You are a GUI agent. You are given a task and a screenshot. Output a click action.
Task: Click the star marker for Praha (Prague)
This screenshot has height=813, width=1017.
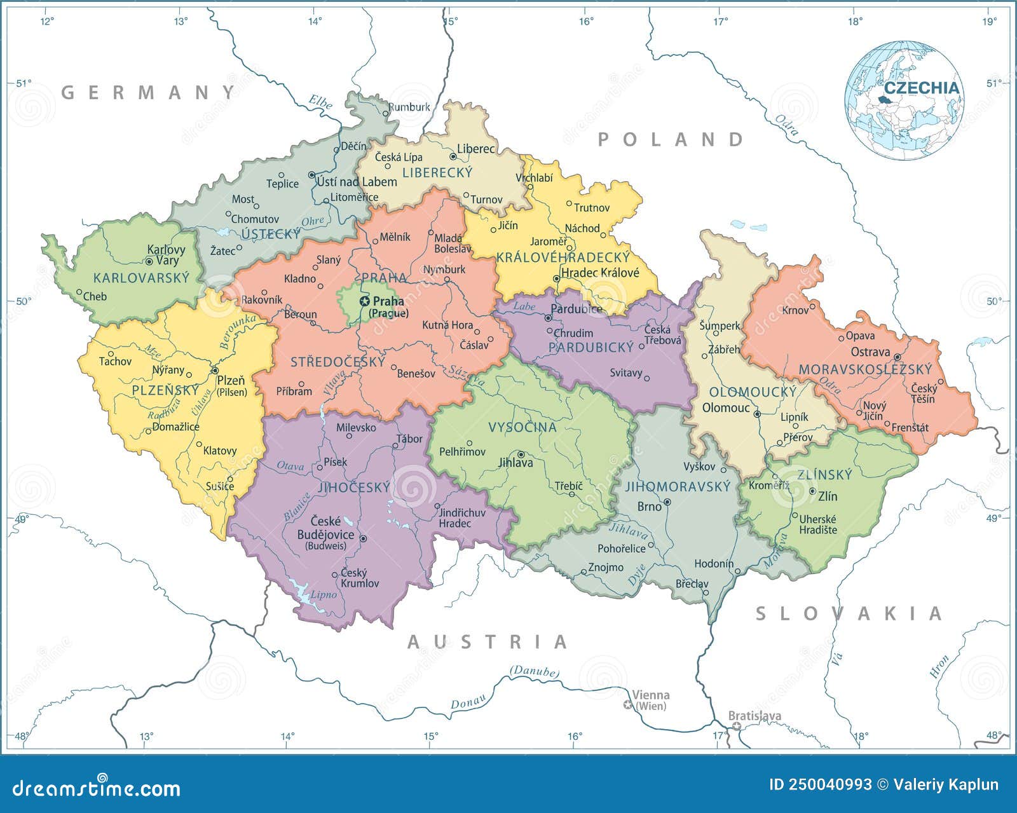365,301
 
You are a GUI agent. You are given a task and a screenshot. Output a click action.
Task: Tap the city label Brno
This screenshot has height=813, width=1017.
650,507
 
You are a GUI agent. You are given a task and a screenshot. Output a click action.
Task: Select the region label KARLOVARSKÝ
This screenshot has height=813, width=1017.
141,278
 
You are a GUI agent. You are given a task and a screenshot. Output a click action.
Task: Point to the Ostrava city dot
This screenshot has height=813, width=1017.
897,357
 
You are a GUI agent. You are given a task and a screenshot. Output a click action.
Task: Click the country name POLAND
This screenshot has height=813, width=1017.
671,139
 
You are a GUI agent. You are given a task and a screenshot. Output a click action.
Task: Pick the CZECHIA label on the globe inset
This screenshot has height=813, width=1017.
922,88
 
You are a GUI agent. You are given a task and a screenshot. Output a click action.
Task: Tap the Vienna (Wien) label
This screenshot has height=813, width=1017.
650,700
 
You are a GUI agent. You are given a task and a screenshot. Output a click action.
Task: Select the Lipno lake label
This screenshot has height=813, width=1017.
324,595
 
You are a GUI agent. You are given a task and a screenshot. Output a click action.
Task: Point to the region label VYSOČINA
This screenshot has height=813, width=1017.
522,427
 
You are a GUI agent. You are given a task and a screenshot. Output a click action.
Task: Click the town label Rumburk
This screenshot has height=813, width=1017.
409,107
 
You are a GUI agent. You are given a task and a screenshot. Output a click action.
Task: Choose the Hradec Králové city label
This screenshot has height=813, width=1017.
600,273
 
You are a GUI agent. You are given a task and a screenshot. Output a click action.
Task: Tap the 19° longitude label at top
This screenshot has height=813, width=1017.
990,22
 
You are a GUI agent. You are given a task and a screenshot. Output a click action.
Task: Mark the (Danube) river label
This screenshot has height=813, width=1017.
534,671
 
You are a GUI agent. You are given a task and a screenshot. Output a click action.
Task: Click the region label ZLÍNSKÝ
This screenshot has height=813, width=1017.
824,475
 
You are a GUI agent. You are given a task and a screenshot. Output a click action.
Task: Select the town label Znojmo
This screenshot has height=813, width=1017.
606,567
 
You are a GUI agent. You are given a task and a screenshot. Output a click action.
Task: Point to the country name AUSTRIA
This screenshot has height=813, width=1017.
488,642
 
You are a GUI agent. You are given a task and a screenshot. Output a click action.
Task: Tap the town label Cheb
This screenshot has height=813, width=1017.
95,296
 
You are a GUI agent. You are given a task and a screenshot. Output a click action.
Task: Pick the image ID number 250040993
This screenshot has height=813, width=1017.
821,784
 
